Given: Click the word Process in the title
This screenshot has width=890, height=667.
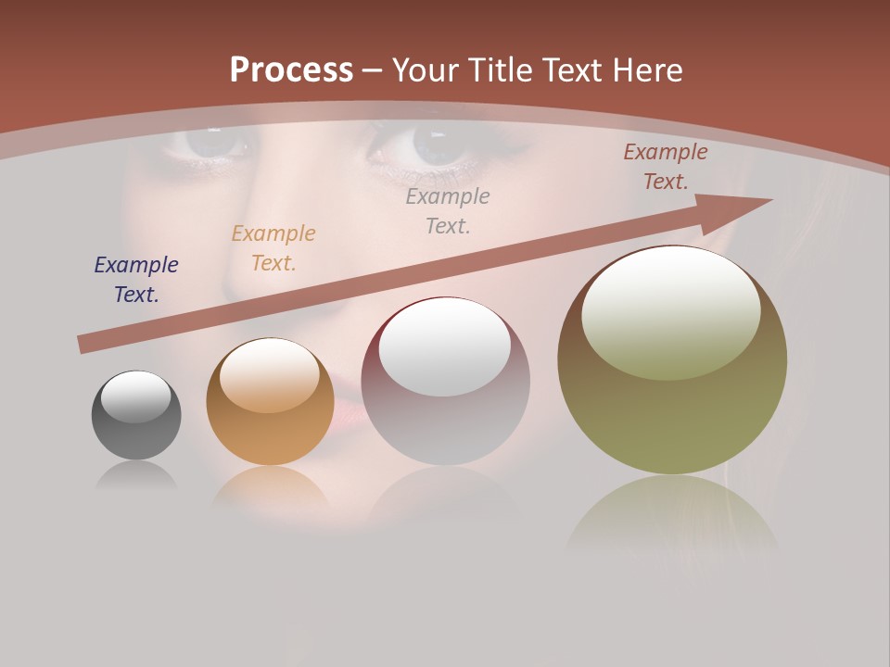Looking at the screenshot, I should (291, 70).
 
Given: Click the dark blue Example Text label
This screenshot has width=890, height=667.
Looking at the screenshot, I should (136, 280).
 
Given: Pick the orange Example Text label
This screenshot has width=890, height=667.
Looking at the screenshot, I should (273, 247).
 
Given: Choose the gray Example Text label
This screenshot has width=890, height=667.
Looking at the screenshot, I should (448, 210).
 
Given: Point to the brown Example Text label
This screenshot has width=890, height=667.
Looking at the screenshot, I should (665, 167).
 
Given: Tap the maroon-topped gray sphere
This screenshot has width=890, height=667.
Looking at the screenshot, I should (445, 408).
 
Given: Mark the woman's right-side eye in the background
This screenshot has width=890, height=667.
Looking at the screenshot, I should (431, 144).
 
